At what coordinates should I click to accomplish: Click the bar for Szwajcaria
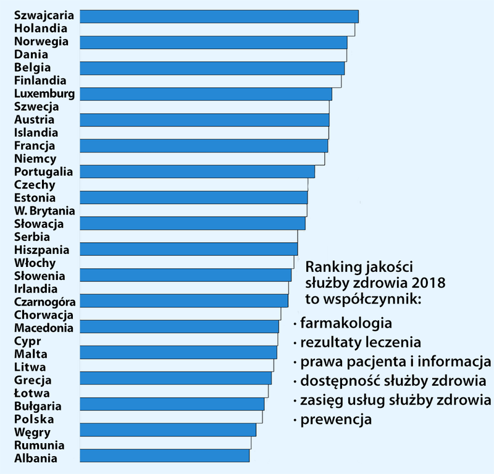tap(219, 16)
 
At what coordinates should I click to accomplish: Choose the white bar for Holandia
tap(217, 29)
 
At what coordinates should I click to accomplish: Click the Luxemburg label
tap(44, 94)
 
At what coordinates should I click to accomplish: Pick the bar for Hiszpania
tap(189, 249)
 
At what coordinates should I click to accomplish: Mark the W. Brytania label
tap(44, 211)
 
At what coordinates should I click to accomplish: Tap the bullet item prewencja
tap(336, 420)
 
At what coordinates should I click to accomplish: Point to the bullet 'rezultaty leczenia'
tap(361, 342)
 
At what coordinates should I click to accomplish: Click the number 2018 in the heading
tap(429, 282)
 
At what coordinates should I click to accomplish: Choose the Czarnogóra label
tap(44, 302)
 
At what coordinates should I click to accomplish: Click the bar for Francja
tap(204, 145)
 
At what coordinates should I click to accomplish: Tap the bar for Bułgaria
tap(172, 404)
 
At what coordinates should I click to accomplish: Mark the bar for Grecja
tap(176, 378)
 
